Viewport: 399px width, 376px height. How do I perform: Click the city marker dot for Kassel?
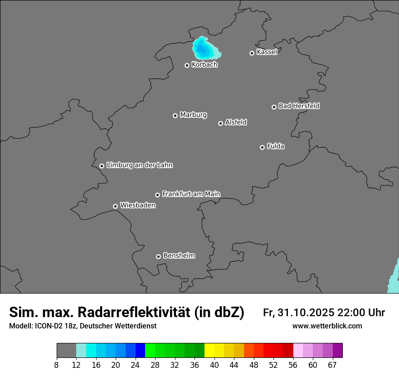252,53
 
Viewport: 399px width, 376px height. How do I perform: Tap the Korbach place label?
204,65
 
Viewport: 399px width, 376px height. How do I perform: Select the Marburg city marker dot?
175,116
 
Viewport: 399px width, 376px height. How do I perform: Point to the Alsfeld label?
236,122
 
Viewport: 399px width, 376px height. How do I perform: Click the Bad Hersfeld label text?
299,106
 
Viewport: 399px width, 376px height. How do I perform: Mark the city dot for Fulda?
262,147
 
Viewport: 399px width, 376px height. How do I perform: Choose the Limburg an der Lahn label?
139,165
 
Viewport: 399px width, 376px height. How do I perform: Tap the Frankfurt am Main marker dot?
157,195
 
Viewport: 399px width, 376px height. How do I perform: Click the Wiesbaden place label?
137,205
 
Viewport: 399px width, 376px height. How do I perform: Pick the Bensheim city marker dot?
158,256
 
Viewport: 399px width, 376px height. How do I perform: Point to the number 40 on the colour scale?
214,365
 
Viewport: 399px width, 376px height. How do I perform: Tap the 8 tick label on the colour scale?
56,365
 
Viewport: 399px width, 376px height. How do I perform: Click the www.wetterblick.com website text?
327,326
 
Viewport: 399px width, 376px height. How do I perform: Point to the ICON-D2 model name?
49,326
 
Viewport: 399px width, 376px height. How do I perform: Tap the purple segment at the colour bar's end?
337,351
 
